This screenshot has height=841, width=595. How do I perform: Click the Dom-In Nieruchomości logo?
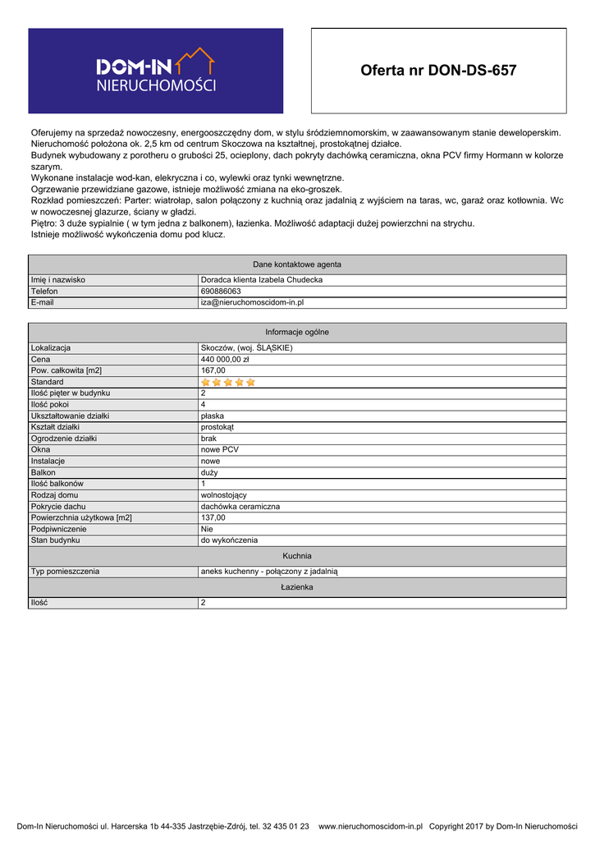point(156,71)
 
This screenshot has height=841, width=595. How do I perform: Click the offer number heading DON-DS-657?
point(438,71)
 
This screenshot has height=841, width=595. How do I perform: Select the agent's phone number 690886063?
point(221,292)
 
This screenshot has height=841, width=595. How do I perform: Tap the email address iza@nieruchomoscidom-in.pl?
point(252,303)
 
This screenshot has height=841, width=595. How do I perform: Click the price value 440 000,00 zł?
point(225,360)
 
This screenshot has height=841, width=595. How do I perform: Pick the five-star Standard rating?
point(228,382)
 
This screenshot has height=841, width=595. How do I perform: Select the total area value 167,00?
point(213,370)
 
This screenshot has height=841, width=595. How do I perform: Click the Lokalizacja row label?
point(51,348)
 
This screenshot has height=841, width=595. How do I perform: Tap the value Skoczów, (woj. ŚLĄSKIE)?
point(246,348)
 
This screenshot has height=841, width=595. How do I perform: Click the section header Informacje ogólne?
point(297,332)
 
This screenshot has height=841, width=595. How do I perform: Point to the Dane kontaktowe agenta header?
point(297,264)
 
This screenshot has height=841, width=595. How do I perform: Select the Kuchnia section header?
point(297,556)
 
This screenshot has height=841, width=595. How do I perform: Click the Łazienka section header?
point(297,587)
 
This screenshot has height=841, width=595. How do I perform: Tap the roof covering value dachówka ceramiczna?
point(240,507)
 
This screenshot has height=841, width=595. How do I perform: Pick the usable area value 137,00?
point(213,518)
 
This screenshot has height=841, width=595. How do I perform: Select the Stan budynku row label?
point(55,540)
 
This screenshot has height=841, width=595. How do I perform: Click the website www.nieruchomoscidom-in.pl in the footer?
point(370,826)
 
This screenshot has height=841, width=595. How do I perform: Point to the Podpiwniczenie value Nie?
point(207,530)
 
